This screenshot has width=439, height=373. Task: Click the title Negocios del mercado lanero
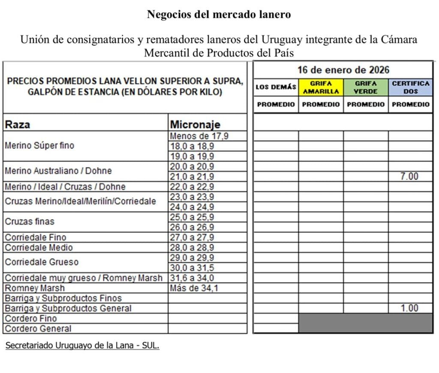point(219,15)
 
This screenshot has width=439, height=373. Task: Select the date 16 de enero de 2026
point(343,69)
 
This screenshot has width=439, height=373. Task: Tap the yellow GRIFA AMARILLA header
point(321,87)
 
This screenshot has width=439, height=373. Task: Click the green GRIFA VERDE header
point(366,87)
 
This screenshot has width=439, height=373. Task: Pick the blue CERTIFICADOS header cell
point(410,87)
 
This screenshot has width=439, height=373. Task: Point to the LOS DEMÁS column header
point(276,87)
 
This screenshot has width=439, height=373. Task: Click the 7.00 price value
point(409,176)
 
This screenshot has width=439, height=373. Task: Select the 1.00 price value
point(409,308)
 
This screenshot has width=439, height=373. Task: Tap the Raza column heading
point(17,125)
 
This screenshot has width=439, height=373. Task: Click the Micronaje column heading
point(195,125)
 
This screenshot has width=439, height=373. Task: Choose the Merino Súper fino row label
point(39,146)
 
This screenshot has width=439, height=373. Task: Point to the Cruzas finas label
point(30,222)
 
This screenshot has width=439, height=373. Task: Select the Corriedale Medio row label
point(39,247)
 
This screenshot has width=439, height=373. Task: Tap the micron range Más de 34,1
point(194,288)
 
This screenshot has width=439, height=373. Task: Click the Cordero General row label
point(38,329)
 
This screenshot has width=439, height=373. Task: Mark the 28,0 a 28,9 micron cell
point(192,247)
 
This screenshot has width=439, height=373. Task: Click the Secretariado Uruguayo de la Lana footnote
point(82,346)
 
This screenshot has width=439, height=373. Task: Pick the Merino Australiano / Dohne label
point(58,171)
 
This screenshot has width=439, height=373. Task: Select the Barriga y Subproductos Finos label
point(63,298)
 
